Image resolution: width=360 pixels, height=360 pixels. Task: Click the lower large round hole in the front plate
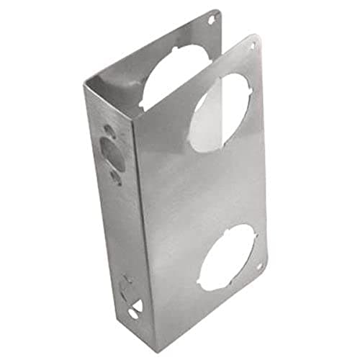point(227,257)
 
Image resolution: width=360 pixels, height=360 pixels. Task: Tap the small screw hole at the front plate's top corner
point(251,46)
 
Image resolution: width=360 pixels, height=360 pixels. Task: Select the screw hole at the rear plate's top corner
point(211,19)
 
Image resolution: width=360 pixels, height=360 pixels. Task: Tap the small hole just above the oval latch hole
point(108,132)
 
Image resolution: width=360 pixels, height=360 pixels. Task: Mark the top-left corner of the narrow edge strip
point(84,86)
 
